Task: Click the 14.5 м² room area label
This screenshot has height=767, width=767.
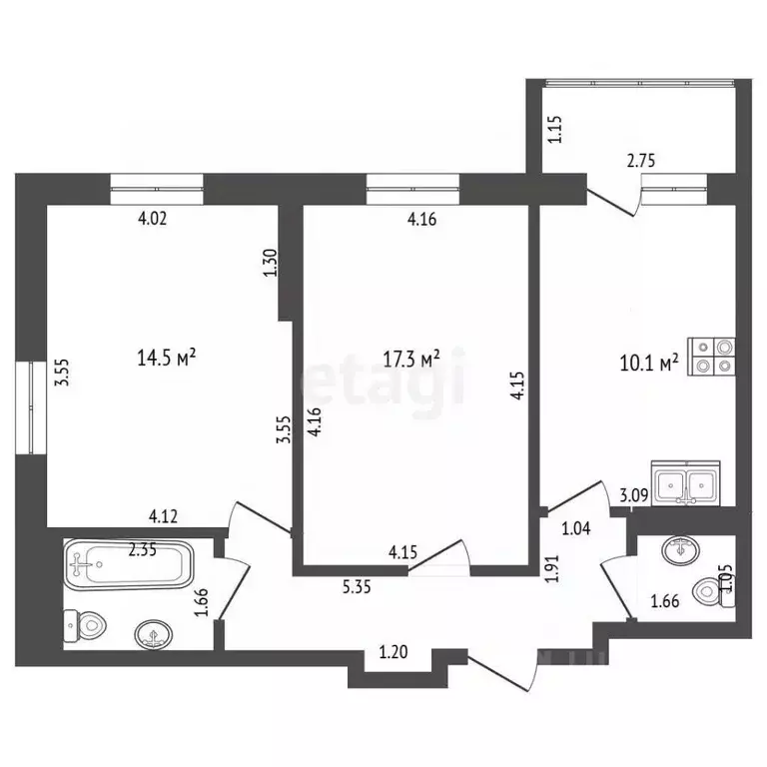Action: (167, 358)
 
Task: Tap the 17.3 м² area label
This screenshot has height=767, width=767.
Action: (411, 359)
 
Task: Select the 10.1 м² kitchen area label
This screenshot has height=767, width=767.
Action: (649, 364)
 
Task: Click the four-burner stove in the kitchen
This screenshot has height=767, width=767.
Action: (711, 357)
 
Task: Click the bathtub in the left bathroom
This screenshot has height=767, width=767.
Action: (129, 564)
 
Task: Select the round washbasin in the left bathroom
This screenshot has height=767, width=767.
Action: (154, 635)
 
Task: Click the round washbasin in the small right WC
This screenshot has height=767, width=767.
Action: (680, 550)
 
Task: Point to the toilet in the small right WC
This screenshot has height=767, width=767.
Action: (714, 591)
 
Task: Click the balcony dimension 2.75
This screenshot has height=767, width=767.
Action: (641, 161)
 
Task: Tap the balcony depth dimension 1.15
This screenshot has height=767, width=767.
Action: (555, 129)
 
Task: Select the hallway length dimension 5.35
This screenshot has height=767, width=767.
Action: (357, 586)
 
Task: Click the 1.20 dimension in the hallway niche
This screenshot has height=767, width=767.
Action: (393, 652)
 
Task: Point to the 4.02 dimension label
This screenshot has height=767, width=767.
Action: (152, 218)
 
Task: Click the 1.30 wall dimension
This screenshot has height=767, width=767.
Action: (270, 264)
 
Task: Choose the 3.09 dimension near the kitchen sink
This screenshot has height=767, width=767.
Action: (634, 495)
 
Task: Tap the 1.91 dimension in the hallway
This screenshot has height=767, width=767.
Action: (552, 568)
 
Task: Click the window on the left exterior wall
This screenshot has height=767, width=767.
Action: (31, 407)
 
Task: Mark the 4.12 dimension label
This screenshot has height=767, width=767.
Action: (163, 516)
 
